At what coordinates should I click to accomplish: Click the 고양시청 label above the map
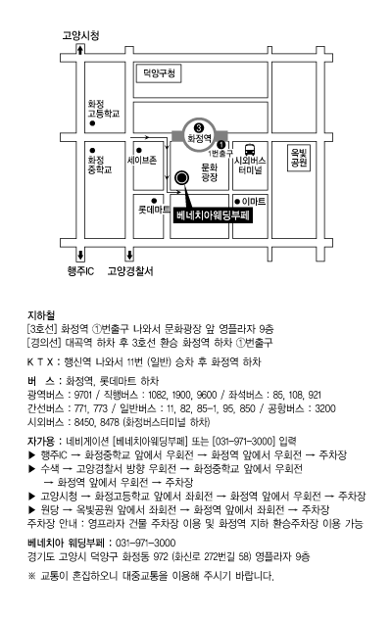(80, 36)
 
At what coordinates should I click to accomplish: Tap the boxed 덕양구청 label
(159, 73)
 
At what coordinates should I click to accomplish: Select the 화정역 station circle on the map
(199, 134)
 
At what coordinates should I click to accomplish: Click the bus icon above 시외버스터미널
(250, 150)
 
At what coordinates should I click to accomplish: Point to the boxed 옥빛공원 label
(299, 159)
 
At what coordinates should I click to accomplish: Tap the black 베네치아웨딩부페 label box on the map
(213, 215)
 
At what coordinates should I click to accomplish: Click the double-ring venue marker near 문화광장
(181, 178)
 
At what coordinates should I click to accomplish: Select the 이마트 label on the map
(254, 202)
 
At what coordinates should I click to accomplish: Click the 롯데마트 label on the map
(154, 210)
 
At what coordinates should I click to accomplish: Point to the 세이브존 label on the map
(141, 161)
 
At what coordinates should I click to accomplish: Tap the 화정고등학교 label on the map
(103, 109)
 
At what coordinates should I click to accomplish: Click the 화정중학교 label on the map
(99, 166)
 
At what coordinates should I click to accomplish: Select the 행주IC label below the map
(80, 271)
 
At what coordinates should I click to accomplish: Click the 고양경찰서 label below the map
(130, 271)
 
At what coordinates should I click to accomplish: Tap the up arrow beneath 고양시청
(80, 50)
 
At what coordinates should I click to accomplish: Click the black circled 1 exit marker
(221, 145)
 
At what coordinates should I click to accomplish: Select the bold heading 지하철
(41, 315)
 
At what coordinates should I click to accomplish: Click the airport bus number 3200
(325, 408)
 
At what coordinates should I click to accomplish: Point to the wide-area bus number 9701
(83, 395)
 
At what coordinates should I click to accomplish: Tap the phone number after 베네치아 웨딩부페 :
(145, 543)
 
